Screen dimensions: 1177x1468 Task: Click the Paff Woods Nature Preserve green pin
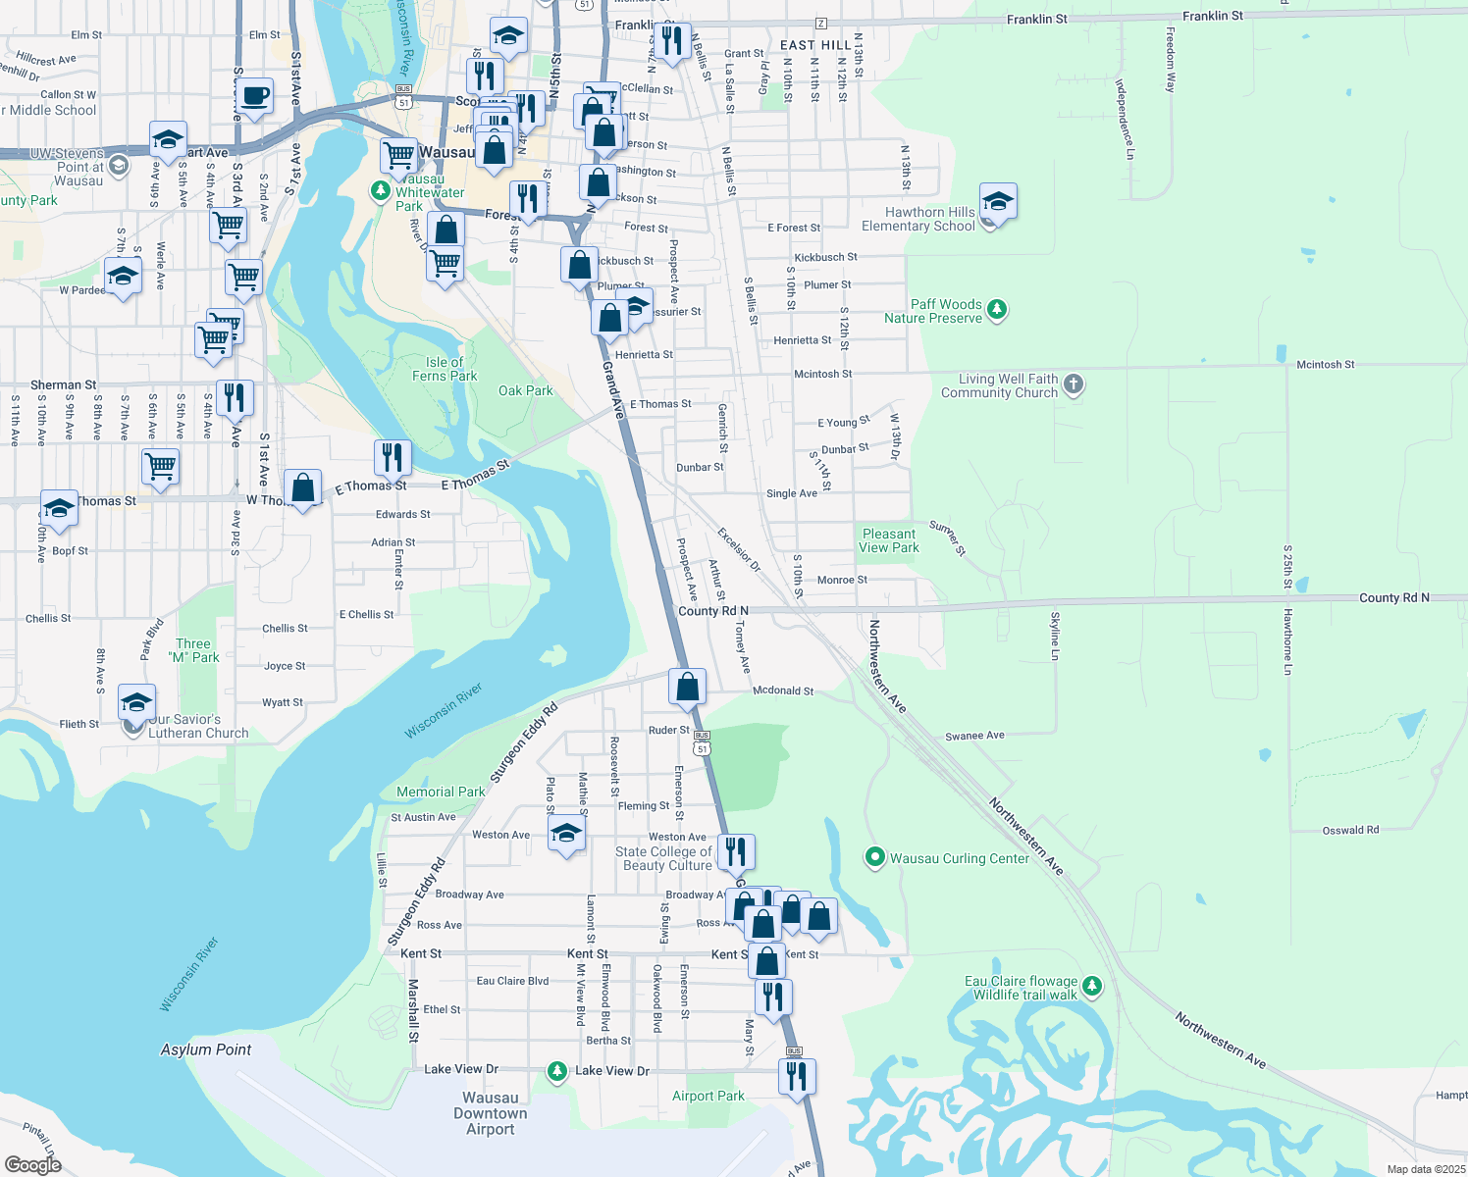(x=997, y=310)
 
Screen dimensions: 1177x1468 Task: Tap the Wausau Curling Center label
(x=959, y=858)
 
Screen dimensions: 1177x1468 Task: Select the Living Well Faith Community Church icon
(x=1074, y=384)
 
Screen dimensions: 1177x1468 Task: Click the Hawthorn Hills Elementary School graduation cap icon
(x=997, y=202)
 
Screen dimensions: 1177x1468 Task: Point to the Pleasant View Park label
(x=889, y=540)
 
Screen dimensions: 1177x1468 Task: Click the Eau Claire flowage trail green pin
(x=1092, y=986)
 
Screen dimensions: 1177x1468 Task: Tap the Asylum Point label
(x=206, y=1049)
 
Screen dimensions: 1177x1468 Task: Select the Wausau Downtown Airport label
(x=490, y=1113)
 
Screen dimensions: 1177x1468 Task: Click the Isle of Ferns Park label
(x=445, y=369)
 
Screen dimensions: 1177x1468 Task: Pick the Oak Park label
(x=525, y=390)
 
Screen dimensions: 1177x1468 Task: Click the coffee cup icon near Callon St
(x=254, y=97)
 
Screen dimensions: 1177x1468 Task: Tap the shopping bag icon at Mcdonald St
(x=688, y=688)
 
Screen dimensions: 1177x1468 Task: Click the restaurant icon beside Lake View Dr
(x=797, y=1076)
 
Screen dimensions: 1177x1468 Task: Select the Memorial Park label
(x=441, y=792)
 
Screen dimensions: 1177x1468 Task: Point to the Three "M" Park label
(x=193, y=650)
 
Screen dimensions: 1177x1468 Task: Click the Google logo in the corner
(x=32, y=1165)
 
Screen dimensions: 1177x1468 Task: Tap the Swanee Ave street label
(x=974, y=736)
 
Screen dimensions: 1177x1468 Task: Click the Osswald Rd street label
(x=1350, y=830)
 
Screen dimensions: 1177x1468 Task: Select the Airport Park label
(x=708, y=1096)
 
